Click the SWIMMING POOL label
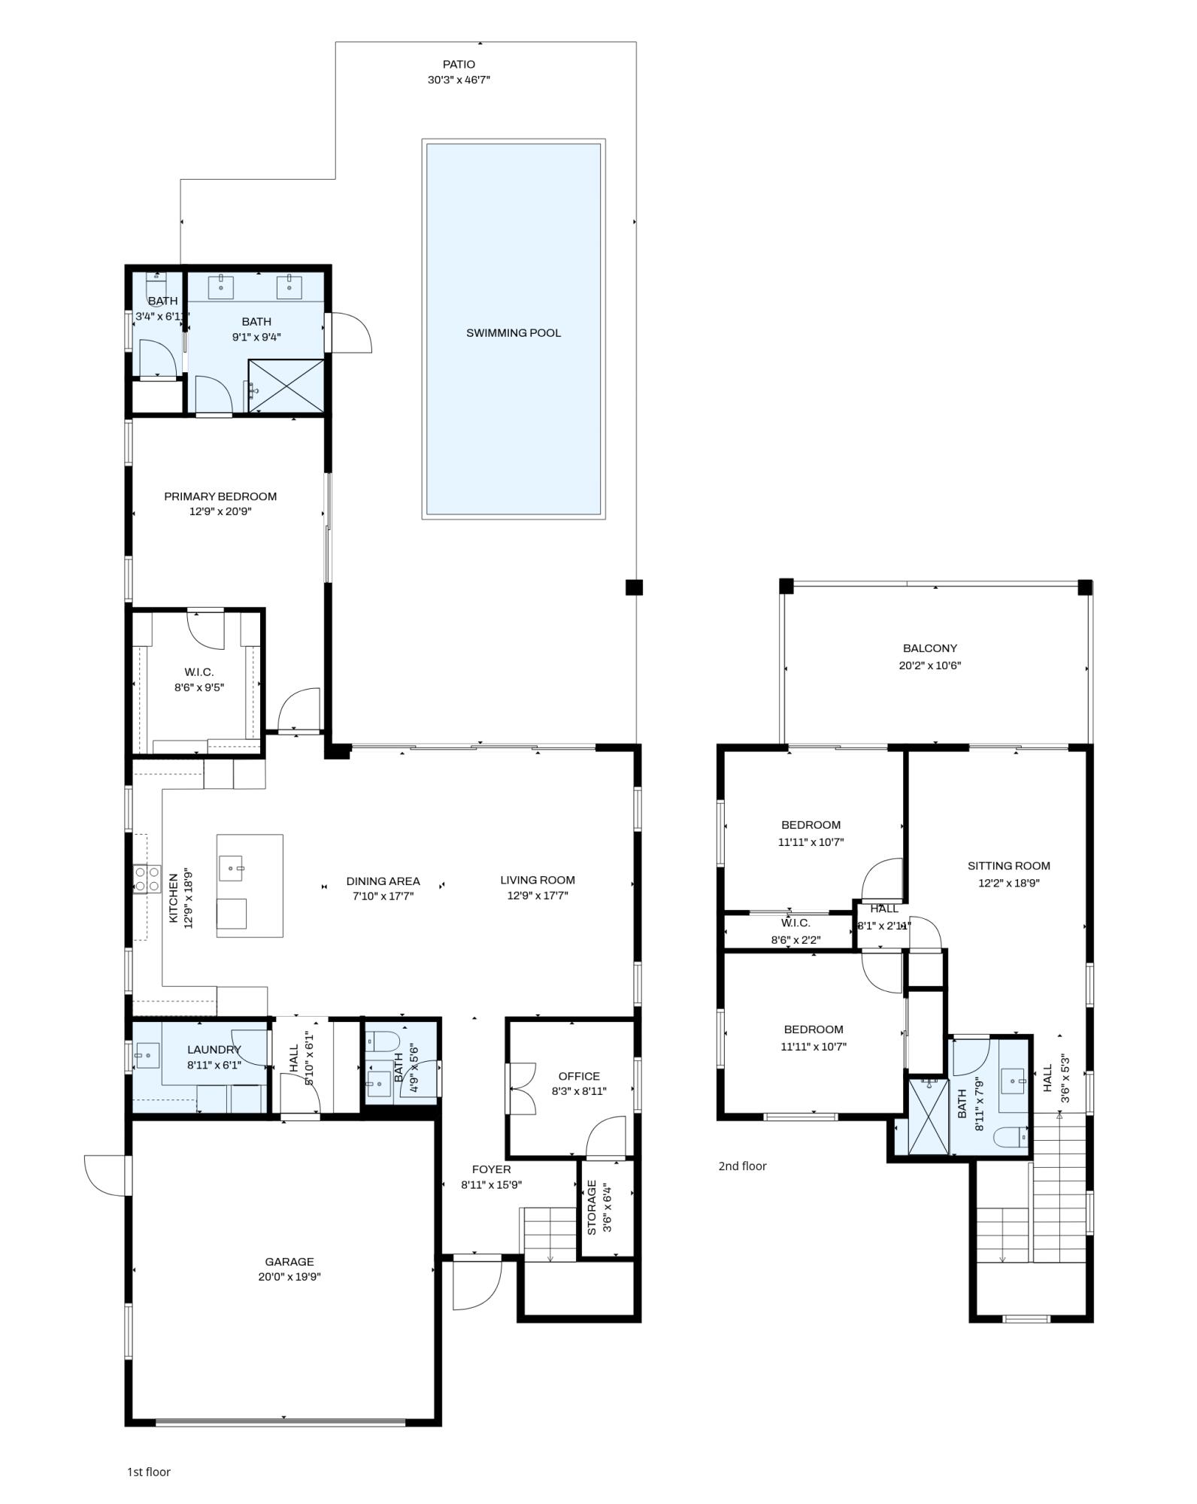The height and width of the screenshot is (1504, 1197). click(x=513, y=333)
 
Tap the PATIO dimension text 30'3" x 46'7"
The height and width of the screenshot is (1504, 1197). click(x=459, y=80)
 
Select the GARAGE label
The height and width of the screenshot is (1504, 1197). click(x=289, y=1262)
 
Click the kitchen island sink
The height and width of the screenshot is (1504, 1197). click(x=232, y=868)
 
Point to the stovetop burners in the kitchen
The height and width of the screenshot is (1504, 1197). click(x=147, y=879)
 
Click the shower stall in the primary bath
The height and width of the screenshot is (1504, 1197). click(x=286, y=386)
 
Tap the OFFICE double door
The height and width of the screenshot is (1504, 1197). click(x=521, y=1088)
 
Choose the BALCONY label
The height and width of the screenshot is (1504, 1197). click(x=929, y=648)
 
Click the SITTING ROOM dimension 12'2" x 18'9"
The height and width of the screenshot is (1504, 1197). click(x=1008, y=884)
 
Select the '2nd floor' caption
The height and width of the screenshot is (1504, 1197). click(x=742, y=1166)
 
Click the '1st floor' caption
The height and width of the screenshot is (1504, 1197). click(x=148, y=1472)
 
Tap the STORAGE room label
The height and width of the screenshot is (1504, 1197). click(x=592, y=1208)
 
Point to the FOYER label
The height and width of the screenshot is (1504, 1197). click(x=491, y=1169)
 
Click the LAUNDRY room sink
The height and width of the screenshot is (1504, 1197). click(x=147, y=1056)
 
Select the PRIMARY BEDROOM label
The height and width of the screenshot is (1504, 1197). click(x=220, y=496)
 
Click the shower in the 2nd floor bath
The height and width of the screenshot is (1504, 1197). click(x=929, y=1116)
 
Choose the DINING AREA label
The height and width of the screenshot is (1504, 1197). click(x=383, y=881)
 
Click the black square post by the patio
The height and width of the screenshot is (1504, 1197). click(x=634, y=587)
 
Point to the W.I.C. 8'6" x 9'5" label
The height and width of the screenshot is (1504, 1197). click(x=199, y=672)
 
